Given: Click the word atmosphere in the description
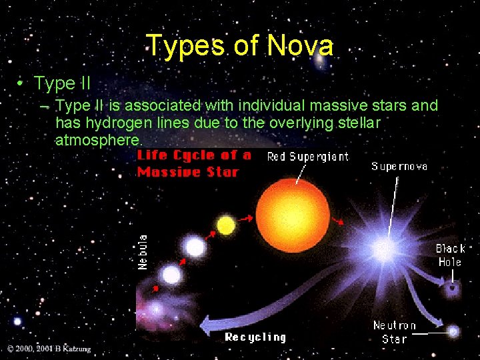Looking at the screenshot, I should click(99, 140).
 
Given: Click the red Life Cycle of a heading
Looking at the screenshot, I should click(193, 155).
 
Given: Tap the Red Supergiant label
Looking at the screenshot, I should click(307, 157).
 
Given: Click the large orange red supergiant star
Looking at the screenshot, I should click(293, 208).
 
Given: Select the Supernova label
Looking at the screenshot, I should click(399, 166).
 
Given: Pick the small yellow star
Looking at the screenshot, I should click(226, 226).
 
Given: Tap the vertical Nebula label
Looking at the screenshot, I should click(143, 251).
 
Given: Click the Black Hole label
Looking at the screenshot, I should click(450, 255).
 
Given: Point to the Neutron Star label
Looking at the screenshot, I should click(395, 332).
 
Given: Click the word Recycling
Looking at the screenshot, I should click(255, 337).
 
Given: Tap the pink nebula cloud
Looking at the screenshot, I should click(154, 310).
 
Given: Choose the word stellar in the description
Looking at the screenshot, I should click(359, 123).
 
